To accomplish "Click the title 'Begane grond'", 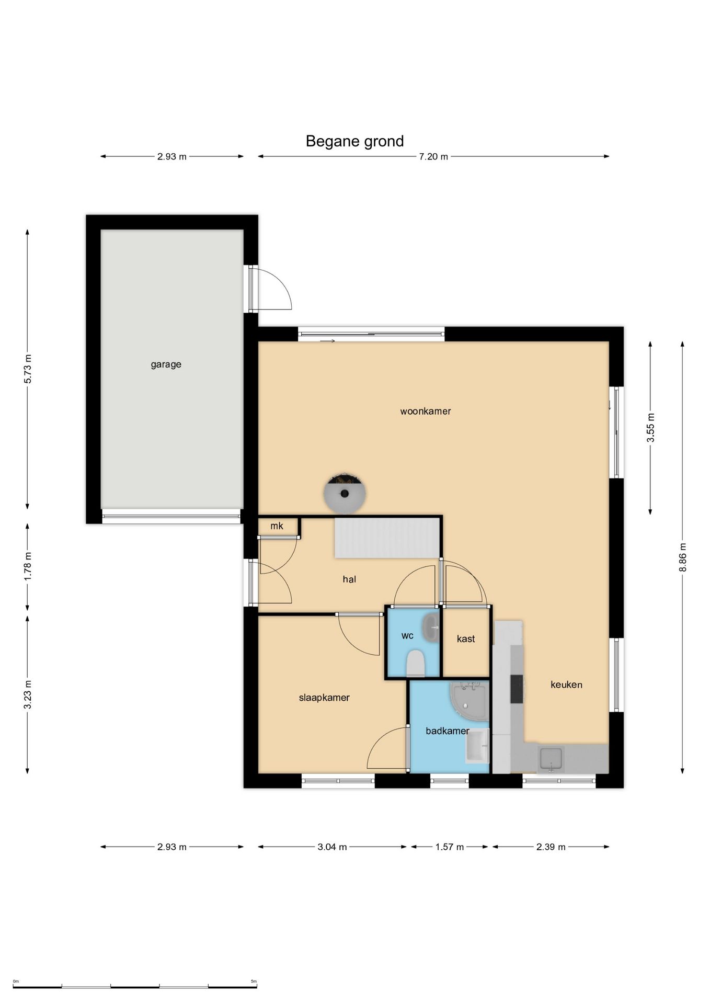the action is pyautogui.click(x=354, y=141).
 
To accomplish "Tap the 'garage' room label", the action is pyautogui.click(x=166, y=364).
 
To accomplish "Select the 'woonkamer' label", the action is pyautogui.click(x=426, y=411).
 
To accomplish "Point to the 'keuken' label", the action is pyautogui.click(x=566, y=684).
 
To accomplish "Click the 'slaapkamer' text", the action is pyautogui.click(x=324, y=698).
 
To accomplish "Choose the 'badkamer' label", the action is pyautogui.click(x=448, y=731).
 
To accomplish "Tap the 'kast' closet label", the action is pyautogui.click(x=466, y=638).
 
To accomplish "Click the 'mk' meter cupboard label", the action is pyautogui.click(x=277, y=526).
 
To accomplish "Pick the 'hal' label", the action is pyautogui.click(x=349, y=579).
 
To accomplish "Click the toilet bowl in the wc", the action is pyautogui.click(x=416, y=663).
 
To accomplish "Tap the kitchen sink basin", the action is pyautogui.click(x=551, y=759).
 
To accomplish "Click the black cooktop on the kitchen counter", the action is pyautogui.click(x=517, y=689).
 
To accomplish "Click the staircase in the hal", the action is pyautogui.click(x=386, y=538).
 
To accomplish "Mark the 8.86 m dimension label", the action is pyautogui.click(x=682, y=557).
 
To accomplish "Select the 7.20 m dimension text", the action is pyautogui.click(x=433, y=156).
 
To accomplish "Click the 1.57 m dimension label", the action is pyautogui.click(x=450, y=847).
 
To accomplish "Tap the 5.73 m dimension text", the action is pyautogui.click(x=28, y=369).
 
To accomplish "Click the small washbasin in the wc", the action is pyautogui.click(x=431, y=627).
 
